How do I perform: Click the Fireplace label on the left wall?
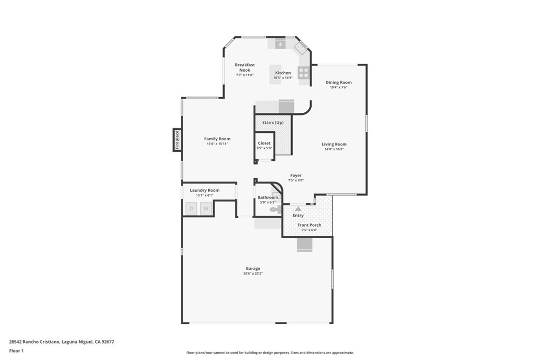click(x=177, y=140)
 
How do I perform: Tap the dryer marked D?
click(x=191, y=209)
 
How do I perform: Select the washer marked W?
click(x=206, y=209)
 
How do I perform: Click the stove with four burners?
click(x=304, y=73)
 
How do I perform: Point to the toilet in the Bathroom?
click(x=274, y=209)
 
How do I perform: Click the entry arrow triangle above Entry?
click(x=298, y=209)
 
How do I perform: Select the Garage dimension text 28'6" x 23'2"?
click(x=253, y=274)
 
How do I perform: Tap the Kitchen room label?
click(x=283, y=73)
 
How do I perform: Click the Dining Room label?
click(x=338, y=82)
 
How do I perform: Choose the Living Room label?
click(x=334, y=144)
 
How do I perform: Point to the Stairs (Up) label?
click(x=273, y=122)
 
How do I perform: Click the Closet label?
click(x=264, y=143)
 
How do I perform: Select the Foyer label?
click(x=296, y=176)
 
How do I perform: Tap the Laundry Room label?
click(x=205, y=190)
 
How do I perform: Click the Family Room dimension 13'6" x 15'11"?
click(x=217, y=144)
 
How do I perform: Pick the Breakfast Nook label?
click(x=245, y=67)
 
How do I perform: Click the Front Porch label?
click(x=309, y=225)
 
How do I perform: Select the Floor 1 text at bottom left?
click(x=16, y=351)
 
